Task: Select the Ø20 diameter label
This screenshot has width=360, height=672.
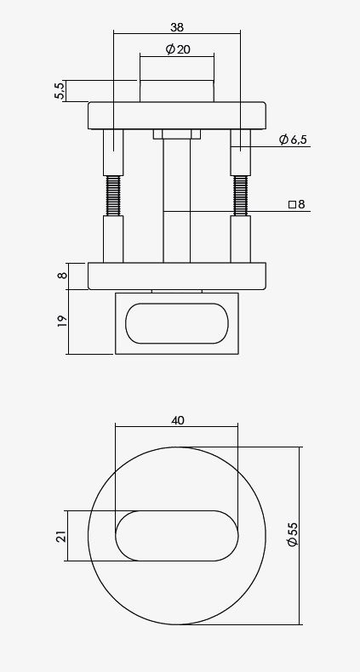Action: click(177, 49)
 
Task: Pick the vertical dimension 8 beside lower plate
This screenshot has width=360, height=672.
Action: click(60, 276)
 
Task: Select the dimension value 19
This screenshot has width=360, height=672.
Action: click(60, 322)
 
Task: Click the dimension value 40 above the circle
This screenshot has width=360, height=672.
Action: click(177, 420)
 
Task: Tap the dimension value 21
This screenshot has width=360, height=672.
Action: click(60, 536)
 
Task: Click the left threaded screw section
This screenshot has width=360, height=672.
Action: click(113, 196)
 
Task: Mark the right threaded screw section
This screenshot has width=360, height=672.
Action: click(241, 196)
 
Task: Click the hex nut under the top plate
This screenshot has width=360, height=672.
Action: click(177, 134)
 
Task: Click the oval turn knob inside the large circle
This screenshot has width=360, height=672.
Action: click(177, 536)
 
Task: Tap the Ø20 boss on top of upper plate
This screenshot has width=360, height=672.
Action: click(177, 91)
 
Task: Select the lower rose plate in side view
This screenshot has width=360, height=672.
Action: click(177, 276)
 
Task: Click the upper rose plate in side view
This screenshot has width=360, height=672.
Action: click(177, 115)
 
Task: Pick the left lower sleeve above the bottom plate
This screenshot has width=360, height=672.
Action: click(113, 239)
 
